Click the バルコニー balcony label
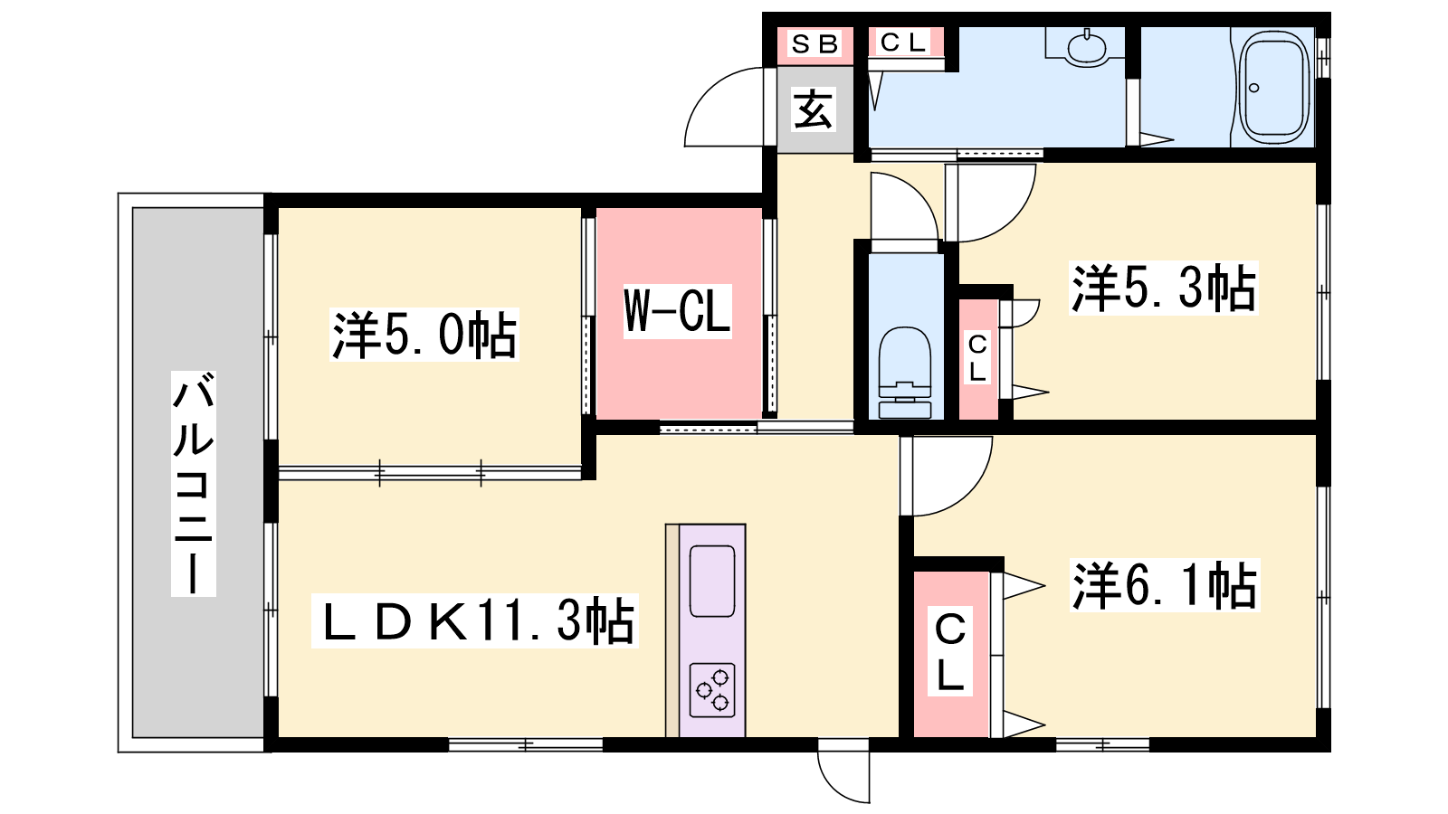pyautogui.click(x=193, y=483)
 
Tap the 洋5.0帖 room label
pyautogui.click(x=424, y=334)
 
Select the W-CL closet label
pyautogui.click(x=677, y=311)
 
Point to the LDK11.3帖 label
pyautogui.click(x=475, y=620)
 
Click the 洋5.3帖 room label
pyautogui.click(x=1164, y=288)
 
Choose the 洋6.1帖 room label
pyautogui.click(x=1164, y=584)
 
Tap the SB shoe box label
pyautogui.click(x=814, y=44)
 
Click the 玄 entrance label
pyautogui.click(x=814, y=109)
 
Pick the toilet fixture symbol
pyautogui.click(x=905, y=373)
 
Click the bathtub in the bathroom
pyautogui.click(x=1273, y=87)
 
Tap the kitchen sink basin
pyautogui.click(x=711, y=582)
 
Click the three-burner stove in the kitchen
pyautogui.click(x=711, y=690)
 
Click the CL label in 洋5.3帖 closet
pyautogui.click(x=977, y=357)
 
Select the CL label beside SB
pyautogui.click(x=903, y=43)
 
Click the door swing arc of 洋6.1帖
pyautogui.click(x=968, y=495)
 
